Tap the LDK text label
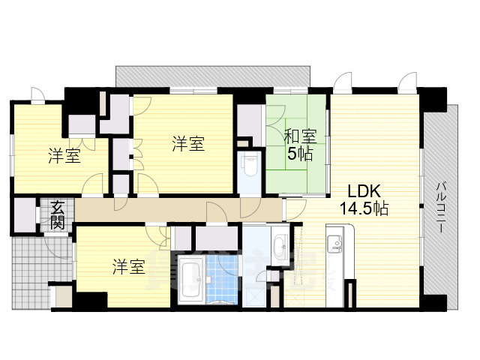point(358,190)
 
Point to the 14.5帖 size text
point(362,209)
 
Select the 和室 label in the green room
point(299,136)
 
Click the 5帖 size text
point(299,154)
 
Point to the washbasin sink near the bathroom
point(280,244)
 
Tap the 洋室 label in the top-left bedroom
point(65,156)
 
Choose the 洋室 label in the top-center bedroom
point(187,143)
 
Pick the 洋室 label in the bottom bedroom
point(129,266)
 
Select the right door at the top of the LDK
point(407,82)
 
